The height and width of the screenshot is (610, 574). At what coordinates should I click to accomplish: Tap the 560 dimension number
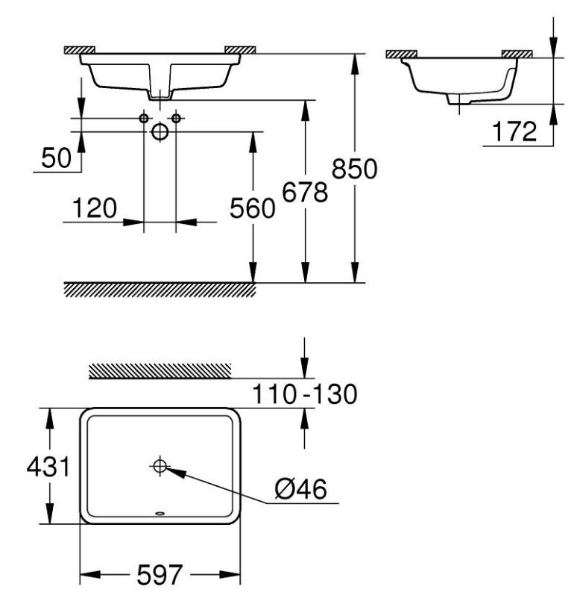pos(252,210)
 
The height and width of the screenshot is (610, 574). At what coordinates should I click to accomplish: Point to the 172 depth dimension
pos(514,132)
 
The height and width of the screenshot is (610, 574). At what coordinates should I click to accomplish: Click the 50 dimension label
pos(56,158)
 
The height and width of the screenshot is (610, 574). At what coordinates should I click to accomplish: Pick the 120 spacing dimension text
pos(94,208)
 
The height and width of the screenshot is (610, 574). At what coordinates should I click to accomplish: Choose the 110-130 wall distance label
pos(303,393)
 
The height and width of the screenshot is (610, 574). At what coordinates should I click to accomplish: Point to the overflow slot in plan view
pos(160,513)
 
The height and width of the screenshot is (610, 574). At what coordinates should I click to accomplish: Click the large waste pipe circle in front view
pos(160,132)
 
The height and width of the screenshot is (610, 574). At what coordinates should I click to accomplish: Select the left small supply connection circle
pos(144,119)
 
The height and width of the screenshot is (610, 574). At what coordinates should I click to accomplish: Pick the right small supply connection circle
pos(176,119)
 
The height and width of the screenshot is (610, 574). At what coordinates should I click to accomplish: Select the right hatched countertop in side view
pos(517,54)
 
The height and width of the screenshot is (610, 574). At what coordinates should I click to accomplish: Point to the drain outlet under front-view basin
pos(160,94)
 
